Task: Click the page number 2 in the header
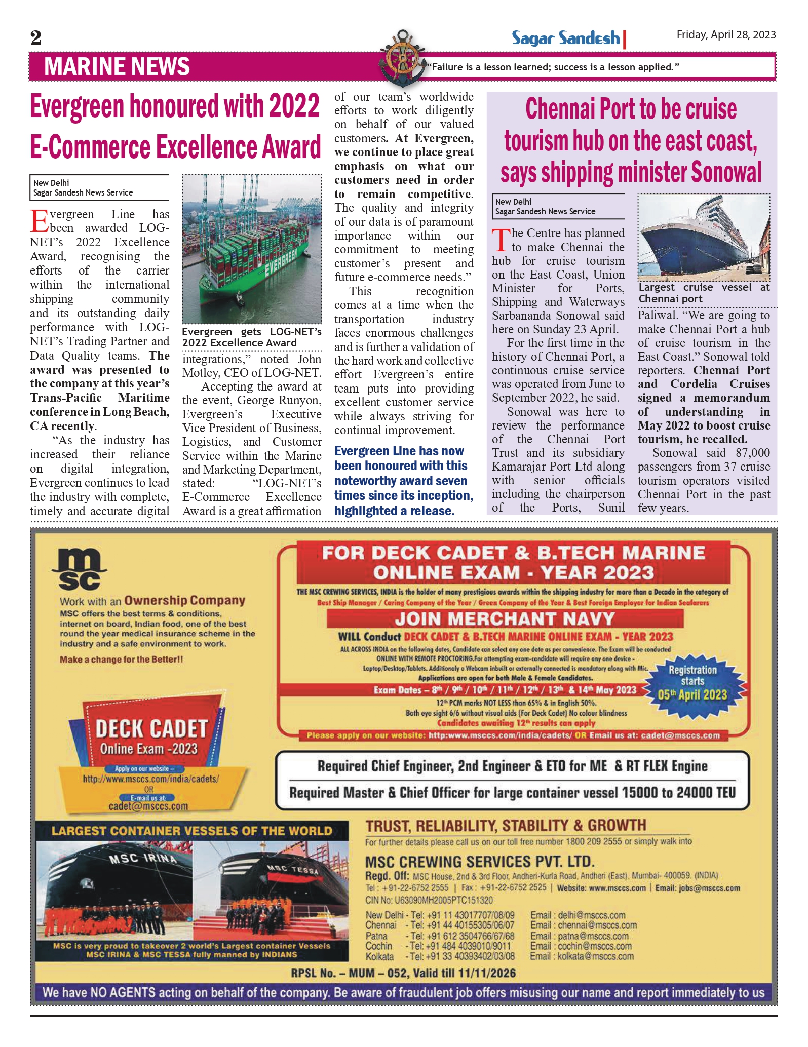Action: pos(35,38)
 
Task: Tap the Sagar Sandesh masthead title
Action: pos(565,38)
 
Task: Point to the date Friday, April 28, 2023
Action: pos(726,35)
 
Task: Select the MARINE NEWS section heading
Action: pos(117,67)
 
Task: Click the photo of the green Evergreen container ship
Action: pos(252,249)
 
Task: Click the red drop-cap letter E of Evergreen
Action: pos(40,221)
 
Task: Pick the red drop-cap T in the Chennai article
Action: pos(501,240)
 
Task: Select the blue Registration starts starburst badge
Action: pos(692,683)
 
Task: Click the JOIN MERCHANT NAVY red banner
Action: pos(505,618)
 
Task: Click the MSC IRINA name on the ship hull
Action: pos(143,859)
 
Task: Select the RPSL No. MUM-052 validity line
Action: pos(403,973)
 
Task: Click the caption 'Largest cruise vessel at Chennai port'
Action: pos(704,293)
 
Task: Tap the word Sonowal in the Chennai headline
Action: pos(726,172)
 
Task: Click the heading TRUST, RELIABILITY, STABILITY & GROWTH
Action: pos(506,826)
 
